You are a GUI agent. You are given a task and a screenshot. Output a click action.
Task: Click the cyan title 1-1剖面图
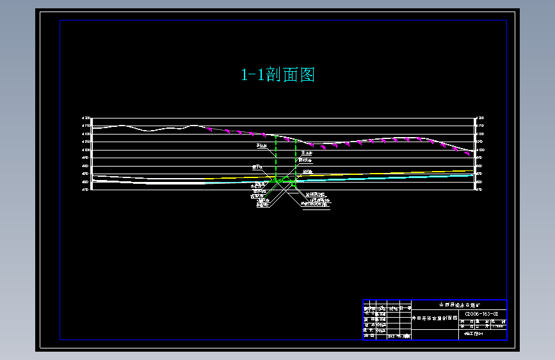point(278,75)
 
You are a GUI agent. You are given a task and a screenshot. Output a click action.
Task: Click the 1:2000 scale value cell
point(496,326)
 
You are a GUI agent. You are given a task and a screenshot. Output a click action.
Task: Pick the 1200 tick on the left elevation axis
point(86,119)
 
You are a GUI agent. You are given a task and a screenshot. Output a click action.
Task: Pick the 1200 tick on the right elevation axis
point(480,119)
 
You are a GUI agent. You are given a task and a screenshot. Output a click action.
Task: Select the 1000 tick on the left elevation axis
point(86,150)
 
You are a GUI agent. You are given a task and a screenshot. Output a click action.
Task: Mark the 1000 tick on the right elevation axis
point(480,150)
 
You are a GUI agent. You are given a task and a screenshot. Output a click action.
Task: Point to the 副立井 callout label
point(261,146)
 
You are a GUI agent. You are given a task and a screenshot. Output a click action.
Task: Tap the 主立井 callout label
point(307,154)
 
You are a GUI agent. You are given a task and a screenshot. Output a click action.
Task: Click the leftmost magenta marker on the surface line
point(210,129)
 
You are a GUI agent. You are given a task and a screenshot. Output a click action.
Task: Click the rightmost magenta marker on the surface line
point(468,154)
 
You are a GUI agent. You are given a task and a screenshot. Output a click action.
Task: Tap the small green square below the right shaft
point(294,183)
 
